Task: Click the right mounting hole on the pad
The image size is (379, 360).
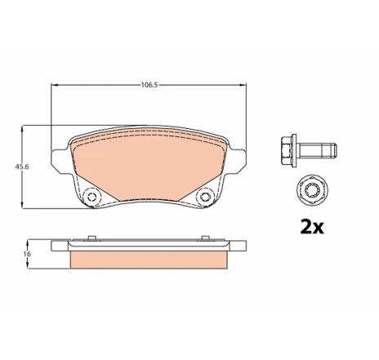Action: [x=204, y=196]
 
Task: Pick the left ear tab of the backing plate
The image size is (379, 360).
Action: [x=56, y=159]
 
